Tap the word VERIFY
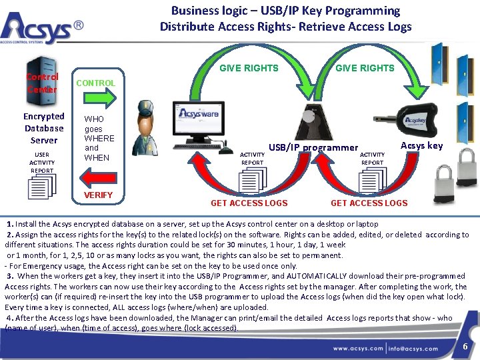click(97, 195)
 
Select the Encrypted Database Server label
click(44, 128)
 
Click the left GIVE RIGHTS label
click(249, 68)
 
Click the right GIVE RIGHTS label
click(365, 68)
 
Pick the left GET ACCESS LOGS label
click(249, 203)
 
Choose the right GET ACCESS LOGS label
click(369, 203)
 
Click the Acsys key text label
click(421, 145)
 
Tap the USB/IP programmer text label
click(313, 147)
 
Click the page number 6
click(465, 347)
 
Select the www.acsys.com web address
click(358, 348)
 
